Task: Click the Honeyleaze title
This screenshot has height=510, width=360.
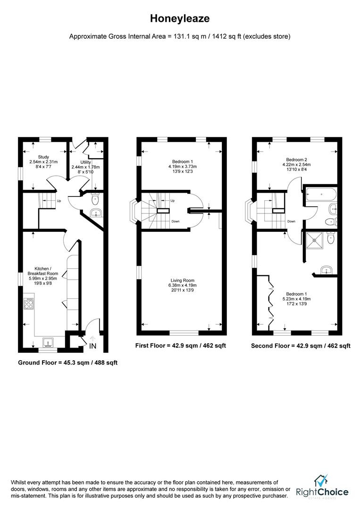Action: pyautogui.click(x=180, y=18)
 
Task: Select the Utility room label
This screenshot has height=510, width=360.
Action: pyautogui.click(x=85, y=167)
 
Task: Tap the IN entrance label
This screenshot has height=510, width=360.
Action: pyautogui.click(x=93, y=346)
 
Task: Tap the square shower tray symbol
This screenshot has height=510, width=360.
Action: pyautogui.click(x=314, y=239)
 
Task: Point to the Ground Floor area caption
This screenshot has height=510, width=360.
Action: pyautogui.click(x=67, y=363)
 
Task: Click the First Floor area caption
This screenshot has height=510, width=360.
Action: pyautogui.click(x=180, y=346)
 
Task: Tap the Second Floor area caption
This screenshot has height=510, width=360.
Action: pyautogui.click(x=300, y=346)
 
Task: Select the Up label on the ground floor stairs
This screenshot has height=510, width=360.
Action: pyautogui.click(x=59, y=201)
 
